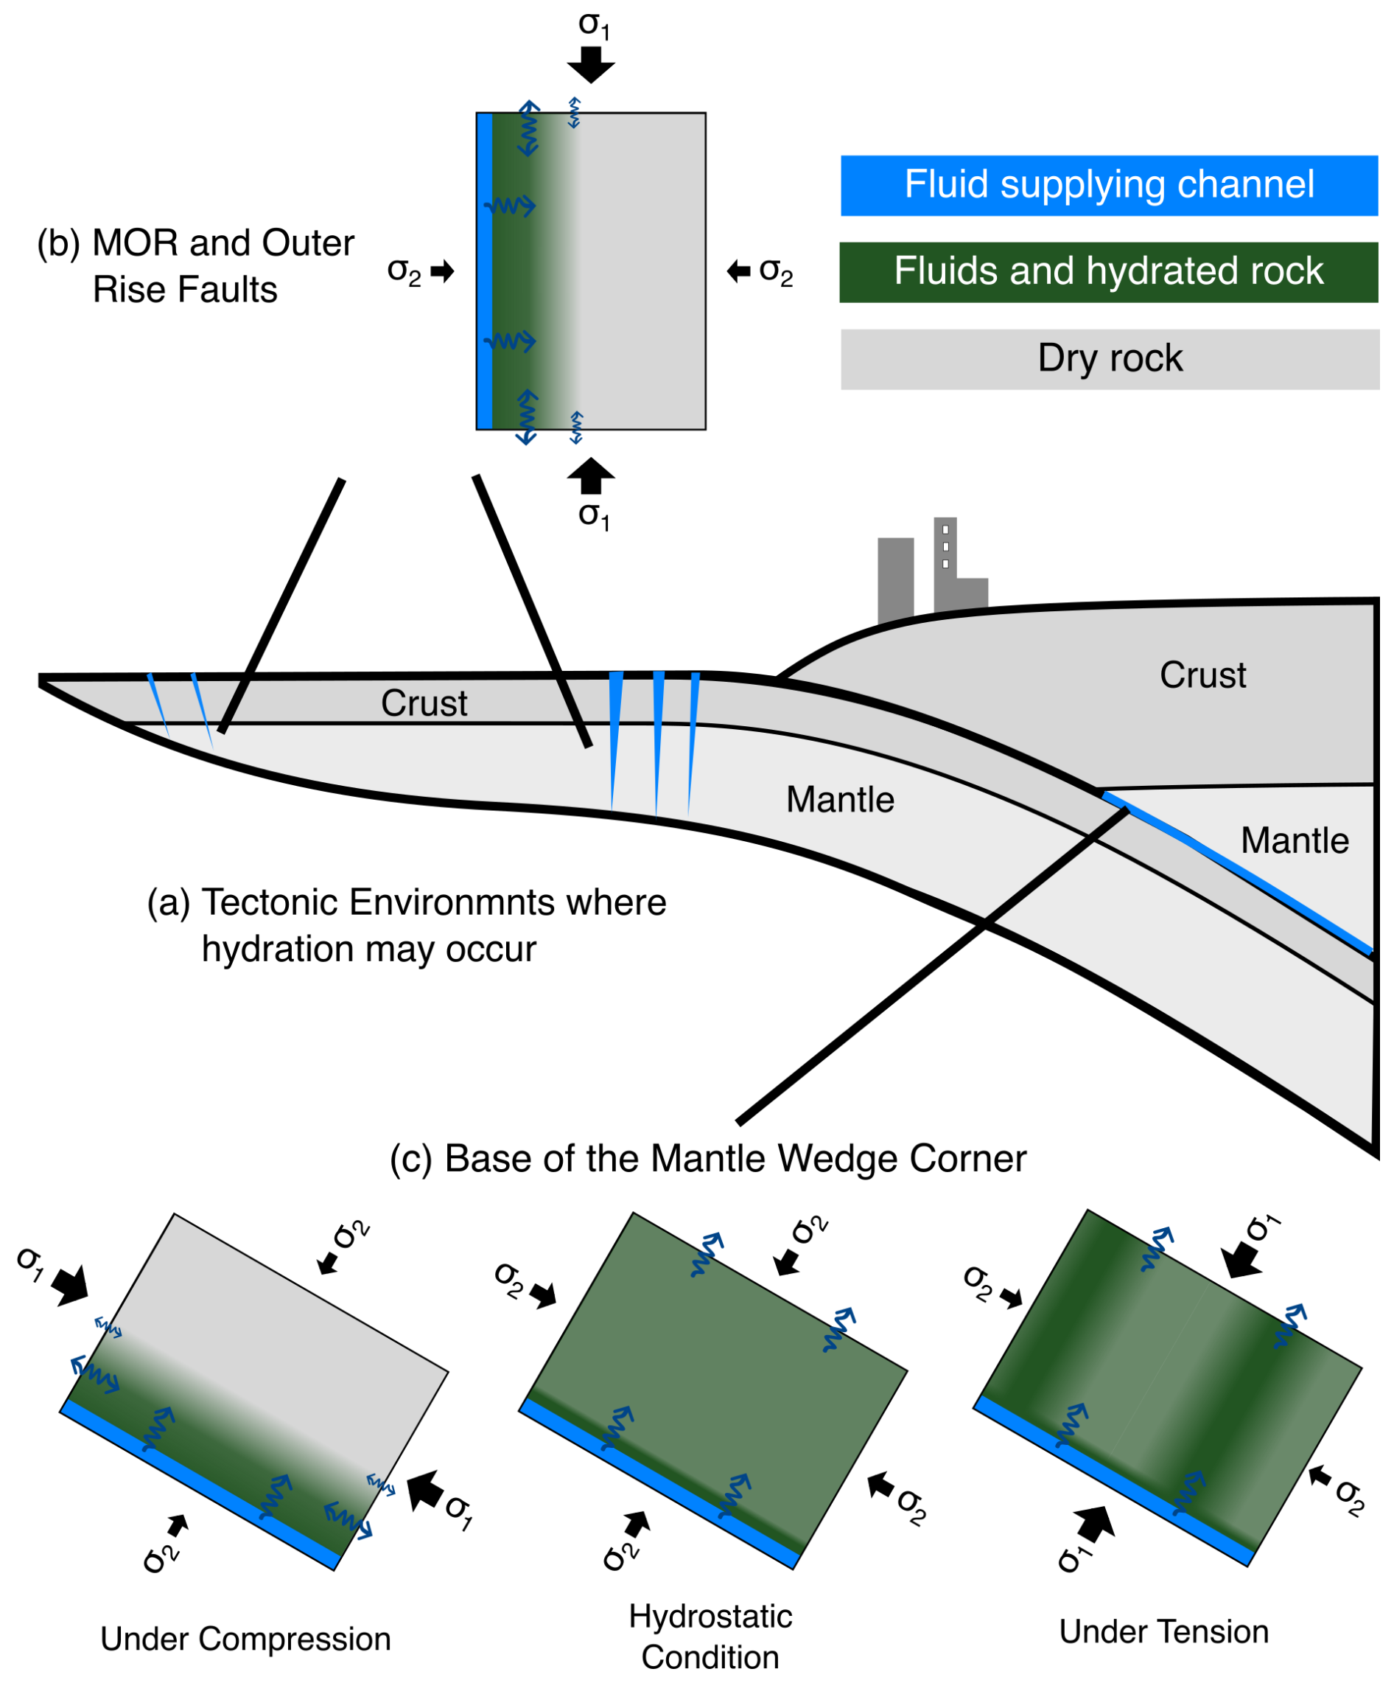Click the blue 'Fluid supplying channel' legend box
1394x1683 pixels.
[x=1108, y=185]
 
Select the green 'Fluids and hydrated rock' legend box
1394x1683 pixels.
[x=1108, y=272]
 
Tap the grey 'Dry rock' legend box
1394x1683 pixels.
[x=1110, y=359]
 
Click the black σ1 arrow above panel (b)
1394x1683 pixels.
[x=590, y=64]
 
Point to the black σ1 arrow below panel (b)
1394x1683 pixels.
[x=590, y=476]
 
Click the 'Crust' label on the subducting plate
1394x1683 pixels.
[x=424, y=703]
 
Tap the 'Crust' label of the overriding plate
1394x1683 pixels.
[x=1202, y=675]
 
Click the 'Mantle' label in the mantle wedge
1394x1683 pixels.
[x=1294, y=840]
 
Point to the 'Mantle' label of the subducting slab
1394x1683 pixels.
[x=840, y=800]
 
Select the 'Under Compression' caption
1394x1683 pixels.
[x=245, y=1639]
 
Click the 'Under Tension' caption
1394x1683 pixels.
[x=1163, y=1631]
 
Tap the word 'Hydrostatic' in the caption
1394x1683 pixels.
[x=710, y=1617]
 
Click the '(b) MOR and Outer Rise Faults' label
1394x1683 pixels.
[x=196, y=265]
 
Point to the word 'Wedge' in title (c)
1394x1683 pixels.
[x=838, y=1158]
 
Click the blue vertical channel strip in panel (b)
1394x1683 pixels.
[x=484, y=271]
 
